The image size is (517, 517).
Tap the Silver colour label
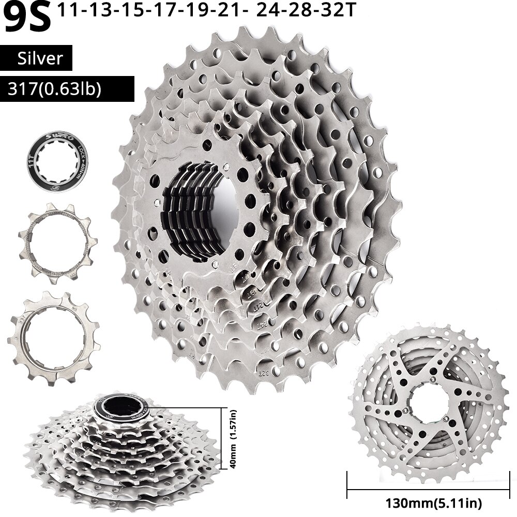tap(40, 58)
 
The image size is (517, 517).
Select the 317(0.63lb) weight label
tap(54, 89)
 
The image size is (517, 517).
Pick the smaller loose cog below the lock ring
tap(57, 241)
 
